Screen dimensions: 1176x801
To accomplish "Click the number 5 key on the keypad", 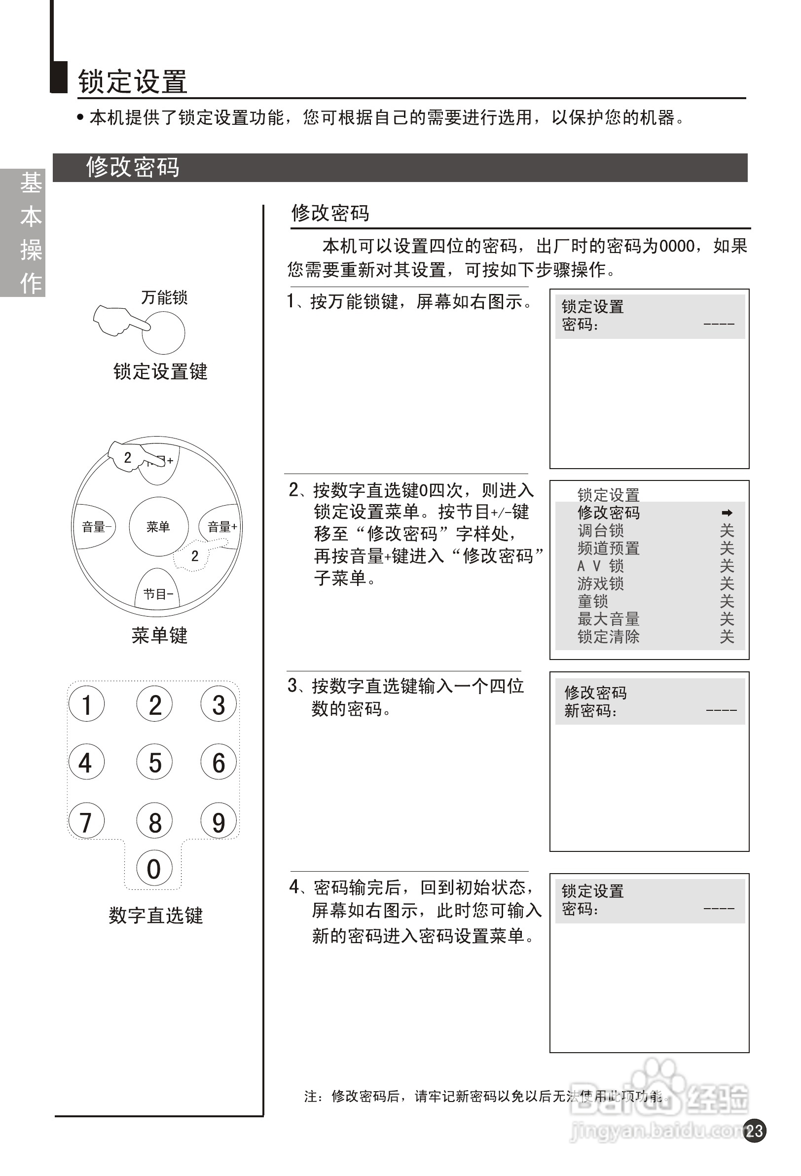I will [x=154, y=762].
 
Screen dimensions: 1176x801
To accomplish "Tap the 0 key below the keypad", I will [x=154, y=868].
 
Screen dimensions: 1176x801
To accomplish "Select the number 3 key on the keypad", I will [x=218, y=704].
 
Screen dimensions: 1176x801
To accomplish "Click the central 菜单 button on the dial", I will [x=158, y=527].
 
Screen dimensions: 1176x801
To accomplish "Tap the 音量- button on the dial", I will [x=95, y=527].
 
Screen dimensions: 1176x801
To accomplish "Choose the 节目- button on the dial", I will [x=158, y=593].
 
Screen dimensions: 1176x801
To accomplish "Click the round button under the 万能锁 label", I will [x=163, y=332].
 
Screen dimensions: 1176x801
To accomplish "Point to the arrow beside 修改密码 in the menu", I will [x=727, y=513].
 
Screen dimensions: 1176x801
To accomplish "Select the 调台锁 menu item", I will [x=600, y=531].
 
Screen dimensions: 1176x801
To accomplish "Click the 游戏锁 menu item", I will [x=600, y=584].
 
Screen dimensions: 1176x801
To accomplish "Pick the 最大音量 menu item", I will [x=608, y=619].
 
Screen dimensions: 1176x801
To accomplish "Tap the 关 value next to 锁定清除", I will [x=727, y=636].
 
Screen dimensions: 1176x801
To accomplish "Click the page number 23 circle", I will [x=755, y=1131].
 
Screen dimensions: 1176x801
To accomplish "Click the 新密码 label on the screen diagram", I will [x=590, y=711].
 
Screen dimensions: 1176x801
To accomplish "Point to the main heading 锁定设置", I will [x=133, y=82].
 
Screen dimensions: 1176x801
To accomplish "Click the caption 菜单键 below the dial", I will [x=159, y=635].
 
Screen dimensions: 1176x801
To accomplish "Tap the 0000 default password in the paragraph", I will [x=677, y=247].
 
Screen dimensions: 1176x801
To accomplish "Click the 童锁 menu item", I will [x=592, y=602].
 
